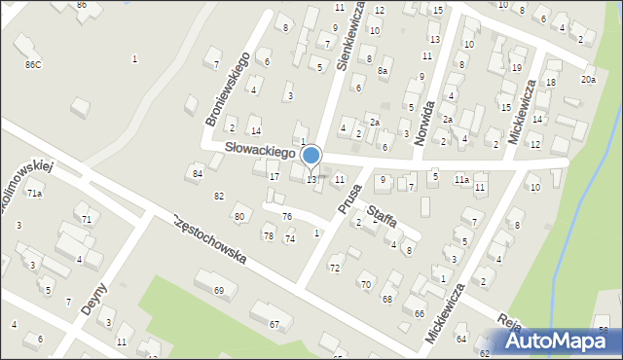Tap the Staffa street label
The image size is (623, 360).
click(x=382, y=215)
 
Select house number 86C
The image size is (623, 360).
click(x=33, y=64)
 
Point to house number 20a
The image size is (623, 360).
click(x=588, y=79)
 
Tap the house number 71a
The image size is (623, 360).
click(x=34, y=194)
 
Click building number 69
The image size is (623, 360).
click(x=219, y=290)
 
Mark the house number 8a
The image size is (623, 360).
click(x=384, y=71)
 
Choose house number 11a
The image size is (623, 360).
click(x=460, y=180)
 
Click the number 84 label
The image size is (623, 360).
click(x=198, y=173)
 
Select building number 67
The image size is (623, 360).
click(x=275, y=324)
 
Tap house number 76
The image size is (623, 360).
click(x=287, y=215)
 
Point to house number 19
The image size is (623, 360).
click(x=516, y=67)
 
